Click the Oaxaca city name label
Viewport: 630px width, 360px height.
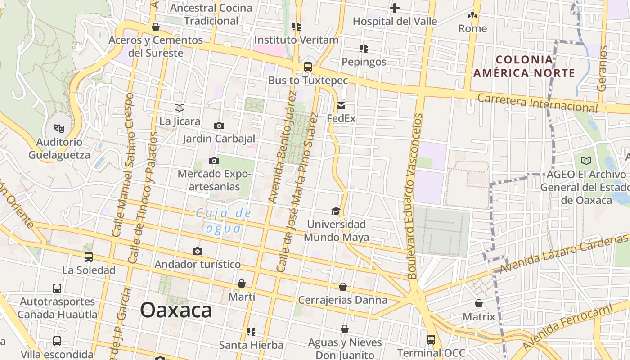tap(176, 310)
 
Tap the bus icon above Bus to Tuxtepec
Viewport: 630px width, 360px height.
tap(308, 67)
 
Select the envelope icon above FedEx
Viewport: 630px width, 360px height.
tap(341, 106)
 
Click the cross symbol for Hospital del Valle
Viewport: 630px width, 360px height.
tap(395, 8)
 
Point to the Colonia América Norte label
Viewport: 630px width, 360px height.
tap(524, 66)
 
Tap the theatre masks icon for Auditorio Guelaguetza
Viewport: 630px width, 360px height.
tap(59, 129)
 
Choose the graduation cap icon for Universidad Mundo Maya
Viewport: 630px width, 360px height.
tap(336, 211)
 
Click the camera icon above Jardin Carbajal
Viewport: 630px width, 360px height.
tap(219, 126)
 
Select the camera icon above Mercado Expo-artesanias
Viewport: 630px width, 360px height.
tap(214, 161)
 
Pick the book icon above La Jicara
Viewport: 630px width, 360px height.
tap(180, 108)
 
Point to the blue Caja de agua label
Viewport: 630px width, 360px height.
tap(223, 220)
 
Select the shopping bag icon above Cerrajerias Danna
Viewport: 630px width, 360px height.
tap(343, 287)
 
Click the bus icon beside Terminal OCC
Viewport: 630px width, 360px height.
tap(431, 339)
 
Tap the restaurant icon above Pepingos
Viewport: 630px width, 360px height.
tap(364, 48)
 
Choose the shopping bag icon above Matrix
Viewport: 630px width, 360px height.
tap(479, 303)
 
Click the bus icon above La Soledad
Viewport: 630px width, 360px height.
tap(89, 257)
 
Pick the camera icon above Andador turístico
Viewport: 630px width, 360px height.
tap(197, 251)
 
